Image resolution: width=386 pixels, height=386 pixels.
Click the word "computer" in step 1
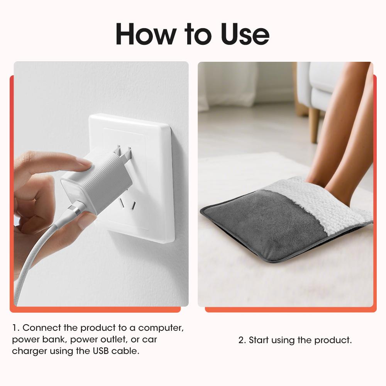point(161,328)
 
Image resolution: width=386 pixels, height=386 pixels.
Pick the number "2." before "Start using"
point(242,340)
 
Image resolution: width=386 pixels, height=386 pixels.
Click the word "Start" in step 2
point(259,340)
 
